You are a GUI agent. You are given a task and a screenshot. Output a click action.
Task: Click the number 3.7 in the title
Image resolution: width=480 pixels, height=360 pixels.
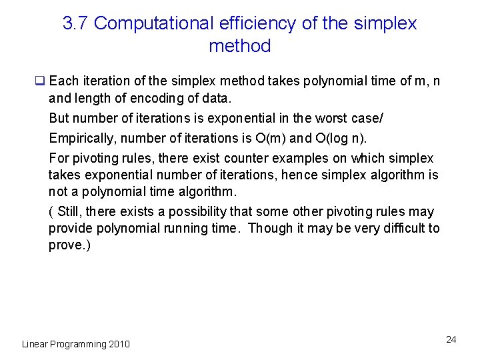pyautogui.click(x=75, y=23)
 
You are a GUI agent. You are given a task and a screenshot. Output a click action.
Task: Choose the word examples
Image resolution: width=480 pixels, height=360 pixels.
pyautogui.click(x=301, y=159)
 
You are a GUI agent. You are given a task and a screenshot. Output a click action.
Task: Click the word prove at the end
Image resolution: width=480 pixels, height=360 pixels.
pyautogui.click(x=65, y=245)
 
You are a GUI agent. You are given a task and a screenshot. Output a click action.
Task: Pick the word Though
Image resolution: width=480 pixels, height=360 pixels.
pyautogui.click(x=270, y=229)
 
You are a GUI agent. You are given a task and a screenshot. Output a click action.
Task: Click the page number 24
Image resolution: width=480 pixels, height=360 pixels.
pyautogui.click(x=451, y=340)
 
